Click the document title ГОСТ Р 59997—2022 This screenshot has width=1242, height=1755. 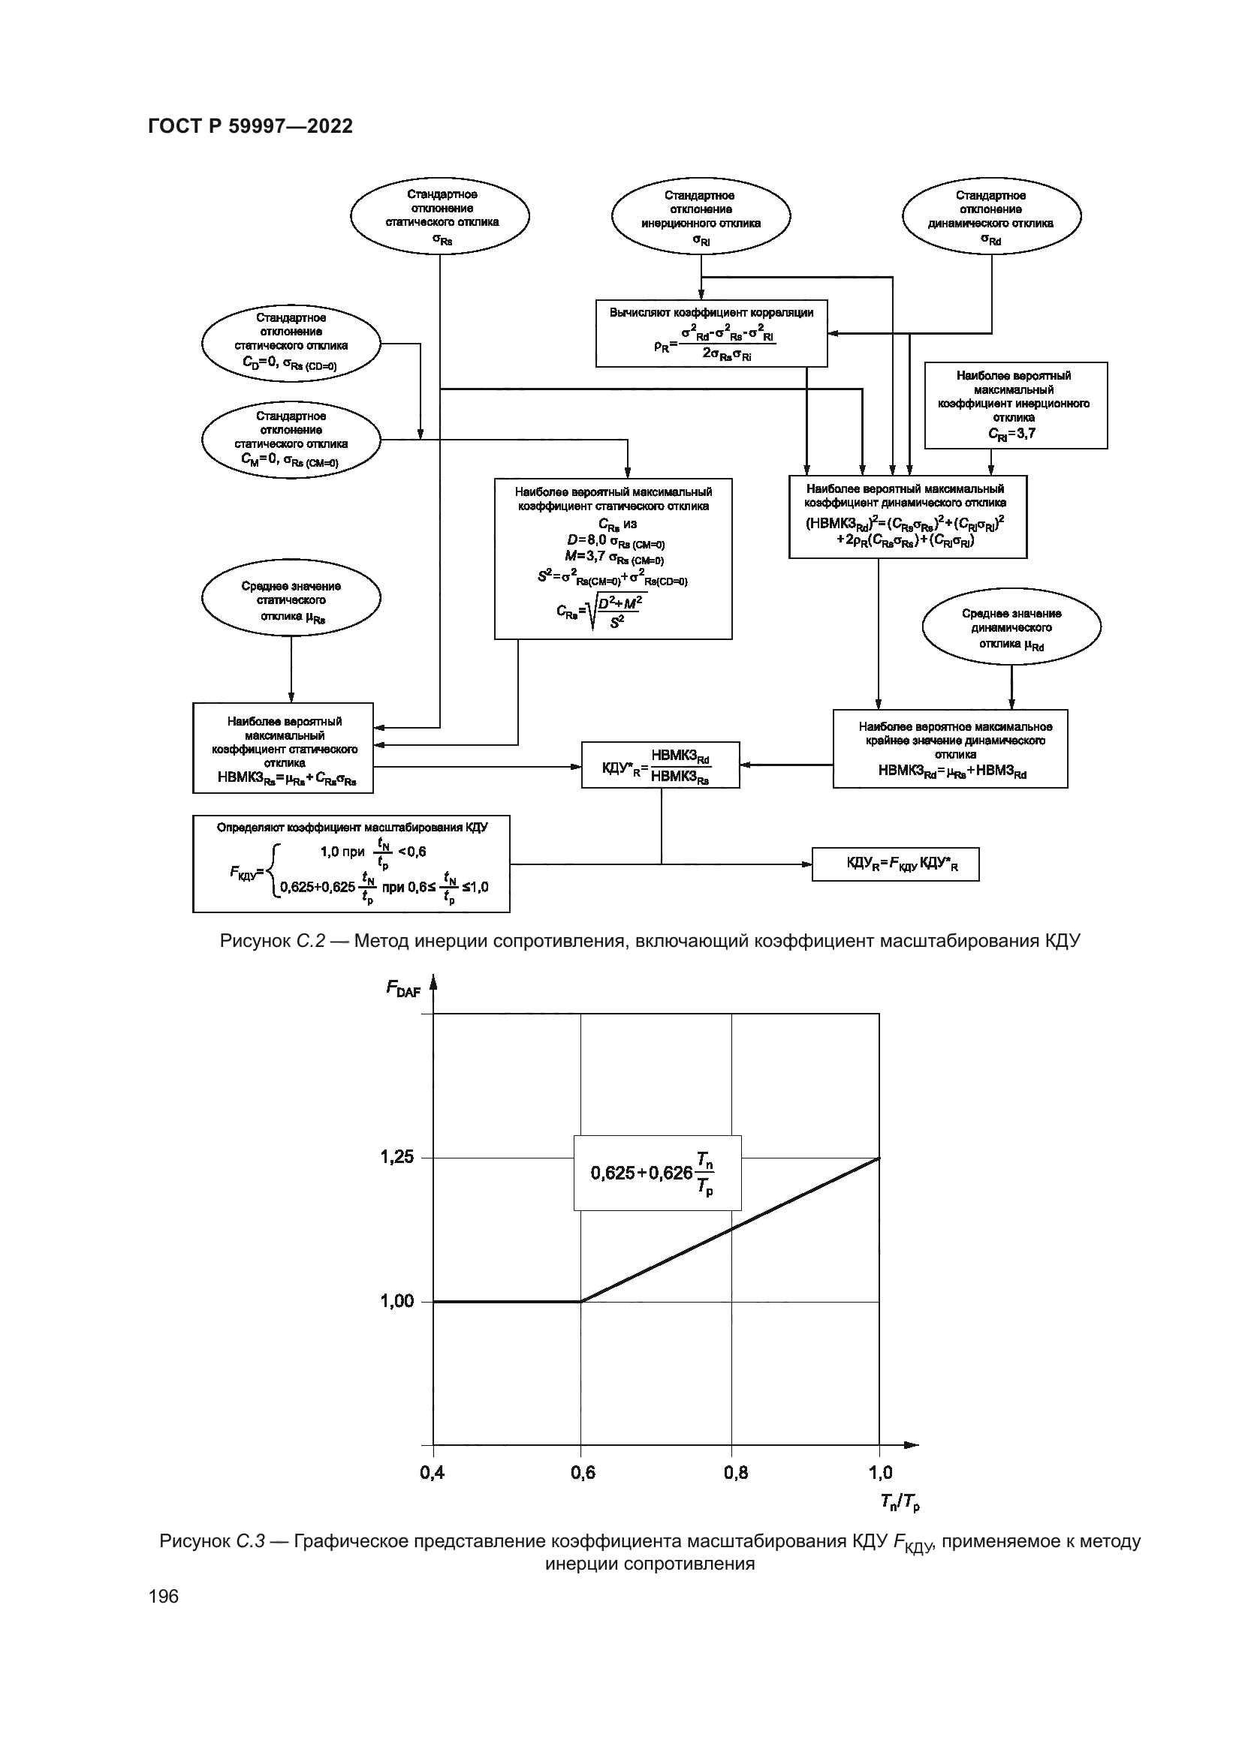[250, 126]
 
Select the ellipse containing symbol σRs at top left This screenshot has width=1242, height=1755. [440, 215]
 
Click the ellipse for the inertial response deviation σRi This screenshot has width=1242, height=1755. [701, 216]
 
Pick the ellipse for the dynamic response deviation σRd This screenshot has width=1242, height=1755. [991, 216]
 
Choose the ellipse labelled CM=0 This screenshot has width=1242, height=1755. [291, 440]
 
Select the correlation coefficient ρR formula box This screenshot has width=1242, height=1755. [711, 333]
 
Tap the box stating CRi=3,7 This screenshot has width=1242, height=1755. [1015, 405]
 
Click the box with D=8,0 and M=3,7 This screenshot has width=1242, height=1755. [613, 558]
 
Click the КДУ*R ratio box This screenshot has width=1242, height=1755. [660, 765]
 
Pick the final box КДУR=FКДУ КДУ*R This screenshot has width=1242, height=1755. [895, 864]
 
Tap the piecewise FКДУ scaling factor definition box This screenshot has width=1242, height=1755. [351, 864]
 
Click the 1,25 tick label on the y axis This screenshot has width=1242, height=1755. [397, 1157]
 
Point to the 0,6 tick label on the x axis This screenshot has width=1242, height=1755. [583, 1471]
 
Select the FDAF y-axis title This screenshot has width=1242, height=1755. [403, 988]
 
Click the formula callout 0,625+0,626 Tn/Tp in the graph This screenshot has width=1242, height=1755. [657, 1172]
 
